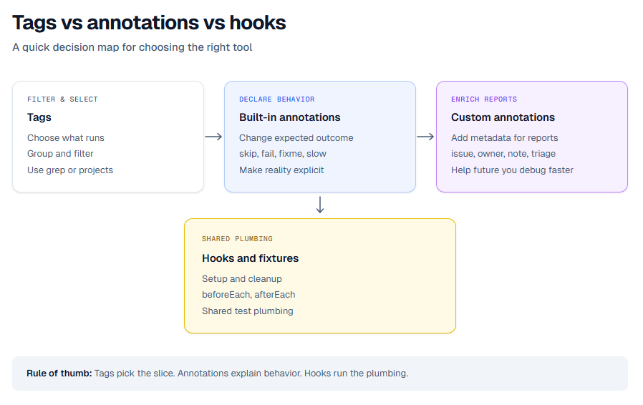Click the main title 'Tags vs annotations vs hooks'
pos(149,23)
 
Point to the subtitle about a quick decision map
pos(132,47)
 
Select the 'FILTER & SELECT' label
pos(62,99)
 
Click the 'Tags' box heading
pos(39,117)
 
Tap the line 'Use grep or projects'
pos(70,170)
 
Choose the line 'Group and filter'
pos(60,154)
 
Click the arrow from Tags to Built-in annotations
pos(213,137)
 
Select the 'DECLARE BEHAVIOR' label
pos(276,99)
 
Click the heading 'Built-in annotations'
pos(289,117)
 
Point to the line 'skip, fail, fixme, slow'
pos(282,154)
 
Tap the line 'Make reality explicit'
pos(281,170)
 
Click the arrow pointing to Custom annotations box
pos(425,137)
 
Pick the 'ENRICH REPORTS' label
pos(483,99)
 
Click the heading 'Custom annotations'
pos(503,117)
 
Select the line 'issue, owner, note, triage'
pos(503,154)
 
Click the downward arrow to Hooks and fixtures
pos(320,205)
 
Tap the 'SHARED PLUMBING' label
pos(237,239)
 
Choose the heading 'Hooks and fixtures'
pos(250,258)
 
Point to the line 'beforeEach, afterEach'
pos(248,295)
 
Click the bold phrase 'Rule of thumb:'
pos(59,374)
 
